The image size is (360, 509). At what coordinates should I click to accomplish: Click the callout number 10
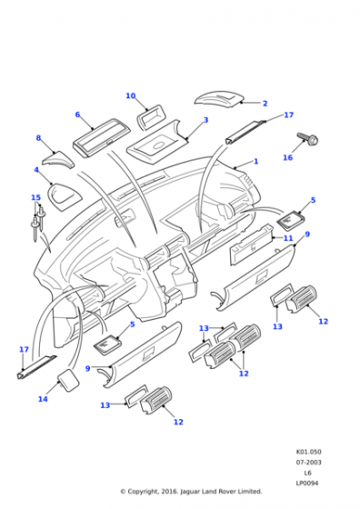tap(131, 95)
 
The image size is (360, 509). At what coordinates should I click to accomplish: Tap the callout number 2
tap(265, 104)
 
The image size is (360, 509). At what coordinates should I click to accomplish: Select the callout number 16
tap(287, 157)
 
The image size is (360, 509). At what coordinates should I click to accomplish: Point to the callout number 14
tap(43, 399)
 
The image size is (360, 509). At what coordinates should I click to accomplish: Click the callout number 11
tap(288, 238)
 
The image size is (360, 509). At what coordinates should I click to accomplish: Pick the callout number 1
tap(255, 161)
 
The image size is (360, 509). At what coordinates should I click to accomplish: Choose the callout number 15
tap(35, 197)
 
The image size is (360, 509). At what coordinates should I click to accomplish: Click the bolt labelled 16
tap(308, 140)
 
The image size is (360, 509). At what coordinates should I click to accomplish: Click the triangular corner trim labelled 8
tap(58, 160)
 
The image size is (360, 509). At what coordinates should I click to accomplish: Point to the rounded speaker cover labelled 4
tap(65, 196)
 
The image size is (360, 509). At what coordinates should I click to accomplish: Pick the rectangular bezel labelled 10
tap(151, 117)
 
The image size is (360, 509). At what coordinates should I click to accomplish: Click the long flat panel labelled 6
tap(101, 138)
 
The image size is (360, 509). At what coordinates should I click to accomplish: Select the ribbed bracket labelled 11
tap(251, 245)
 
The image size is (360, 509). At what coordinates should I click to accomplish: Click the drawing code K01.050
tap(308, 452)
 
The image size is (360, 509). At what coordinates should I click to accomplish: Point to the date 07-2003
tap(308, 462)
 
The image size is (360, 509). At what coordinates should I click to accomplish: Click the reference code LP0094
tap(307, 483)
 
